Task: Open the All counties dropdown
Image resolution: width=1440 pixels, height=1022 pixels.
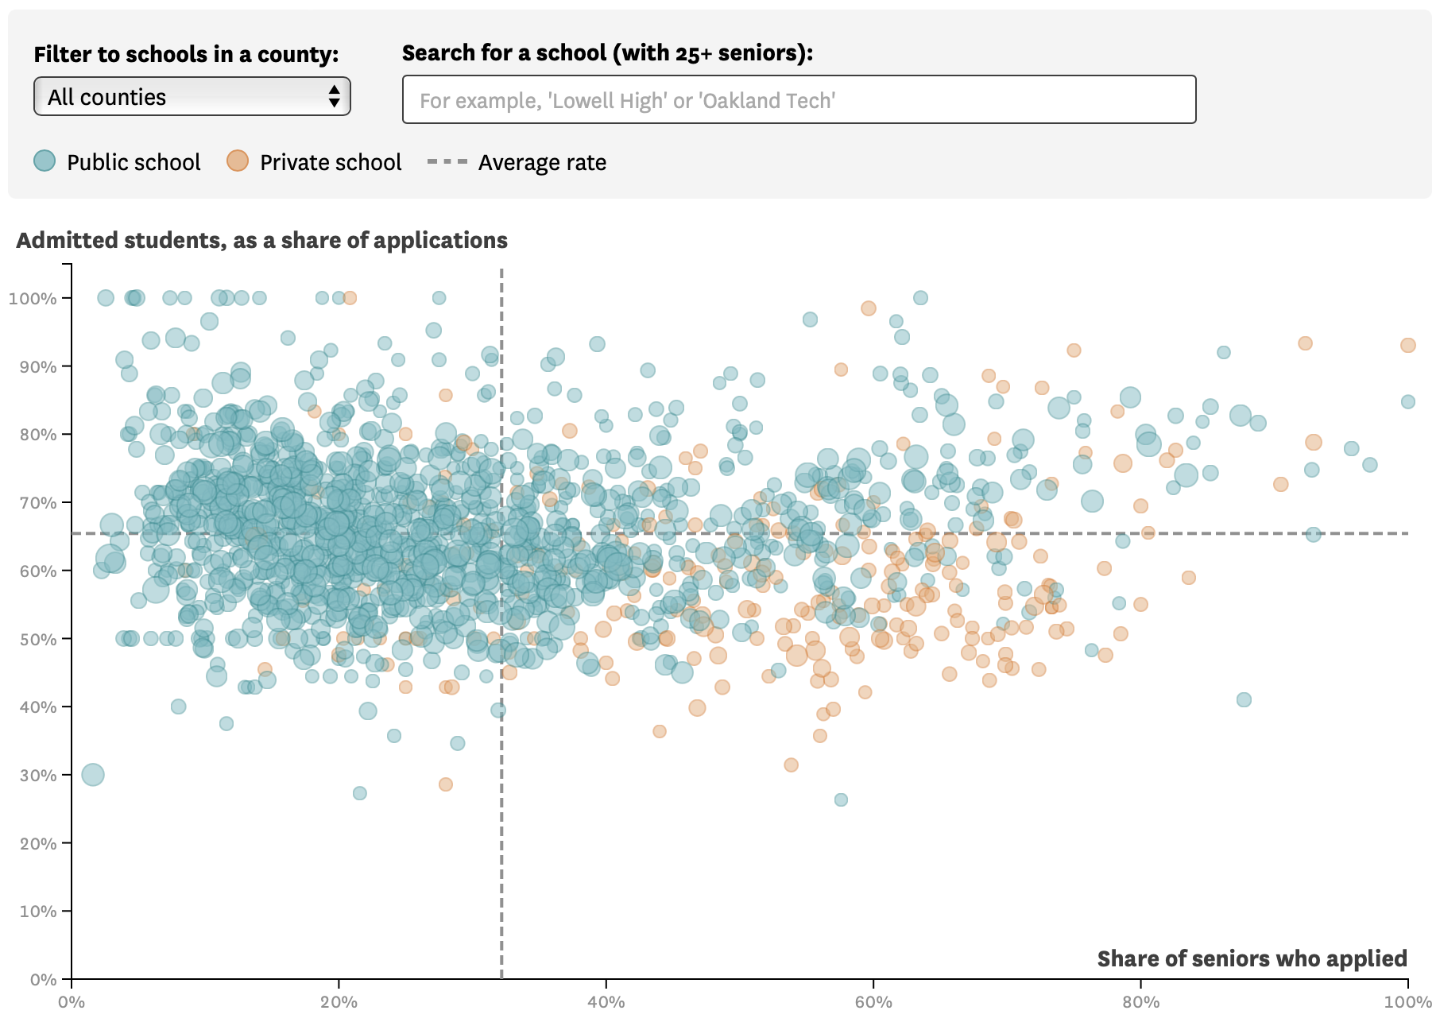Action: [x=192, y=96]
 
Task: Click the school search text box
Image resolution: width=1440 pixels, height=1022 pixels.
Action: [x=799, y=99]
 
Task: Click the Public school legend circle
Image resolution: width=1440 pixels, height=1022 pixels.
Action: [x=45, y=161]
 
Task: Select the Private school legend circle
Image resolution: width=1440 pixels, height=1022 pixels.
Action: [x=238, y=161]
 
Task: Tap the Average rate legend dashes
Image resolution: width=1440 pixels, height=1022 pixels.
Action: [x=447, y=161]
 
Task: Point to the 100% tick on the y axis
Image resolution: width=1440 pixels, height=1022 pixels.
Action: [x=67, y=298]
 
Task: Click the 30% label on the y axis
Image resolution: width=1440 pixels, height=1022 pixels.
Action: [x=38, y=775]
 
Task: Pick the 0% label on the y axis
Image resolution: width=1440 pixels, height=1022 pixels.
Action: [x=43, y=979]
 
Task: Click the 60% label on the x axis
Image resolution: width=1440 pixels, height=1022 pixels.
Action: [x=873, y=1002]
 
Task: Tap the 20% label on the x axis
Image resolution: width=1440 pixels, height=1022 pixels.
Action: [x=339, y=1002]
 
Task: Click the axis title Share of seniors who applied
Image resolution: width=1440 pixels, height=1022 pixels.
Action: [x=1252, y=958]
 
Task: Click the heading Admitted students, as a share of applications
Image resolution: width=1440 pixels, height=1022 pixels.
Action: [x=261, y=240]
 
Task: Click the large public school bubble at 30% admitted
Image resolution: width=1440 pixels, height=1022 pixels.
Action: [x=93, y=774]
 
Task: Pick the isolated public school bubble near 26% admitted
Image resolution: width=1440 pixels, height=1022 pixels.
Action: [x=841, y=799]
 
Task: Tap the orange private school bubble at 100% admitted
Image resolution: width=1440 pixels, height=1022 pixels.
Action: [x=350, y=298]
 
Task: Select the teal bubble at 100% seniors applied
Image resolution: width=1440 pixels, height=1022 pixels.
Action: [x=1407, y=402]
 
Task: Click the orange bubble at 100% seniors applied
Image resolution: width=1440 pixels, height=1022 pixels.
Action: [x=1407, y=345]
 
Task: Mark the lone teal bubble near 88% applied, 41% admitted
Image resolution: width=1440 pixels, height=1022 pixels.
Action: [x=1244, y=699]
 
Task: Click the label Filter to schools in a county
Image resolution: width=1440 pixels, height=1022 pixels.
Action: [x=186, y=54]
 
